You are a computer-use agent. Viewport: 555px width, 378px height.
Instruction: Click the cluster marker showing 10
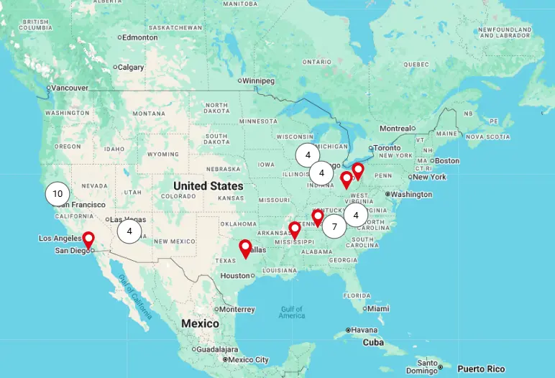(x=58, y=193)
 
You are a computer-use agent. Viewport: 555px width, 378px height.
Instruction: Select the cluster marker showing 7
(x=334, y=226)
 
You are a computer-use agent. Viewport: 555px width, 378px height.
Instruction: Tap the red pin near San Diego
(x=88, y=239)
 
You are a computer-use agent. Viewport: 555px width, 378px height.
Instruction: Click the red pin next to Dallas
(x=245, y=249)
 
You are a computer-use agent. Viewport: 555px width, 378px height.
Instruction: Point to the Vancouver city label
(x=70, y=88)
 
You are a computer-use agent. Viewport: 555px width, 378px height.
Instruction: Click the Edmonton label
(x=139, y=37)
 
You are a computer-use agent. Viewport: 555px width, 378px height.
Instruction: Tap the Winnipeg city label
(x=259, y=80)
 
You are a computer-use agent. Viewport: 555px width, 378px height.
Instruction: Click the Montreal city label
(x=395, y=128)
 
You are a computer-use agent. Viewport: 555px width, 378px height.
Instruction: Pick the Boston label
(x=446, y=160)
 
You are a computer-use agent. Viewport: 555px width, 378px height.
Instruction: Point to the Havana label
(x=364, y=330)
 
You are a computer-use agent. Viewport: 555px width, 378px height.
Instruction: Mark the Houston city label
(x=234, y=275)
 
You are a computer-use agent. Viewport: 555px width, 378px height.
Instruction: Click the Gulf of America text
(x=292, y=313)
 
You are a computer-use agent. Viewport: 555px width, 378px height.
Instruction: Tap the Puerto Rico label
(x=481, y=369)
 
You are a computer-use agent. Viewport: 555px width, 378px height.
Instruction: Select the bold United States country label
(x=208, y=185)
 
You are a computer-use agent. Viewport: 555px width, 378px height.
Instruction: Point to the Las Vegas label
(x=127, y=219)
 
